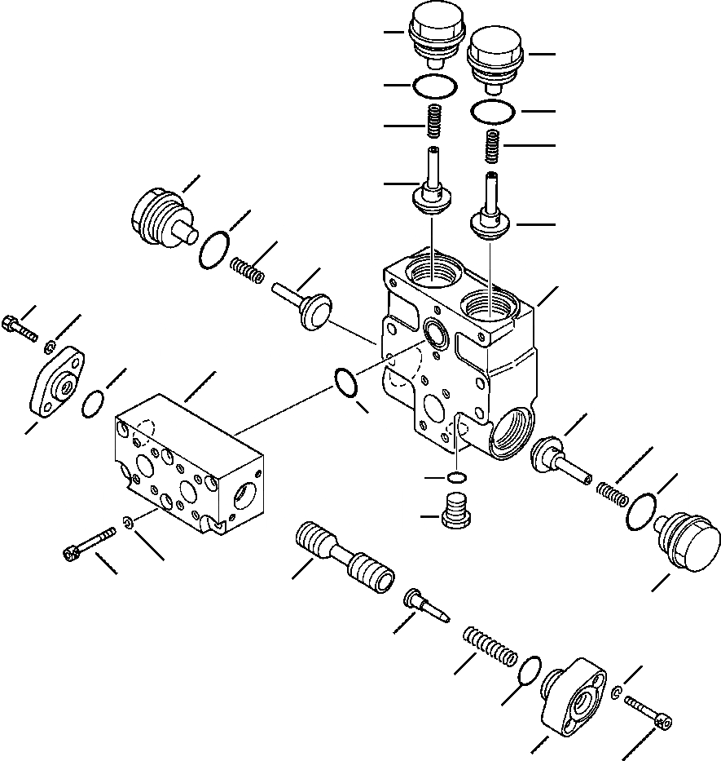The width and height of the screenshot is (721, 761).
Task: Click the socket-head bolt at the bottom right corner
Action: pos(653,714)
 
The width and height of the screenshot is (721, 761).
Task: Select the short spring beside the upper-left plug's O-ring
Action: pos(246,269)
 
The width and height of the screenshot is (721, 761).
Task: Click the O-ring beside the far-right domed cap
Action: pos(643,511)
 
